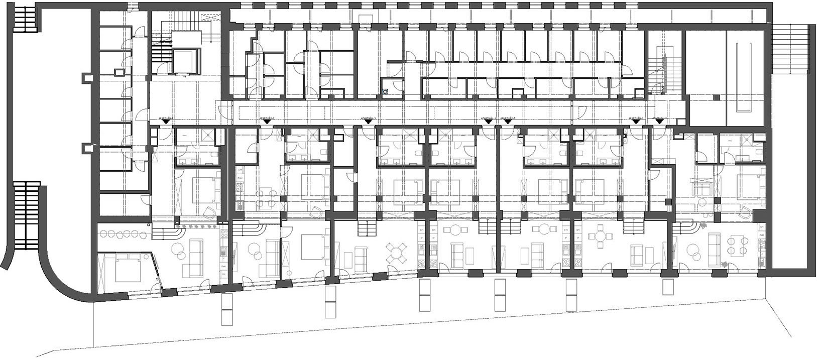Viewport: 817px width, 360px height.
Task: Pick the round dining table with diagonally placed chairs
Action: [397, 253]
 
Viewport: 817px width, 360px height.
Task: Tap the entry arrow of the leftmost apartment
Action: [166, 121]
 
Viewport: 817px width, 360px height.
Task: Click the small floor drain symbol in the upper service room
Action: [385, 91]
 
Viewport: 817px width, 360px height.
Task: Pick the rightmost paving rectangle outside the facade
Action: [667, 287]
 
